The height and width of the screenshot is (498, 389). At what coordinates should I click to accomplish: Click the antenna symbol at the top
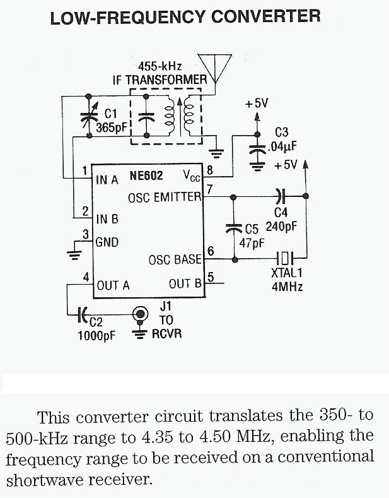pyautogui.click(x=214, y=66)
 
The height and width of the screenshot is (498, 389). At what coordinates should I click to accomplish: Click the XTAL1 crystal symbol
pyautogui.click(x=287, y=258)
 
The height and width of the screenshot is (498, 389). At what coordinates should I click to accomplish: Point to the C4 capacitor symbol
pyautogui.click(x=280, y=196)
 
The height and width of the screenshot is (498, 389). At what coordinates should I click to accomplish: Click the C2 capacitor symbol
pyautogui.click(x=81, y=312)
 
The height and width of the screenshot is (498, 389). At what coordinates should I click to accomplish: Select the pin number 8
pyautogui.click(x=211, y=169)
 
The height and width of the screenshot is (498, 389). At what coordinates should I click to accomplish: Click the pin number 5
pyautogui.click(x=211, y=276)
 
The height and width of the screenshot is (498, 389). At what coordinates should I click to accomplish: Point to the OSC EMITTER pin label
pyautogui.click(x=165, y=197)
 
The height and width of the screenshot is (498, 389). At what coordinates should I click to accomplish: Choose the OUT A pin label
pyautogui.click(x=113, y=285)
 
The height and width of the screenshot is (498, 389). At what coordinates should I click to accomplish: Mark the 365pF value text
pyautogui.click(x=112, y=126)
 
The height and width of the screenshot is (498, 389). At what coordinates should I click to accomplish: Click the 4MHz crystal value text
pyautogui.click(x=286, y=285)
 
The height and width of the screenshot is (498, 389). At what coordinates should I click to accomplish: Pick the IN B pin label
pyautogui.click(x=107, y=219)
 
